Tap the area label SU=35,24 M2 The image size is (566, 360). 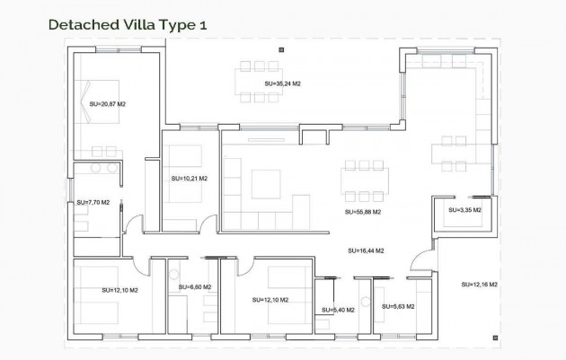coord(284,83)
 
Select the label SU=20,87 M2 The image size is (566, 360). coord(108,104)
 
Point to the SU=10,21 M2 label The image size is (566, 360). coord(189,179)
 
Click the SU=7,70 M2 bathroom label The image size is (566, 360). coord(93,203)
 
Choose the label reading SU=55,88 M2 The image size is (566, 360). coord(363,213)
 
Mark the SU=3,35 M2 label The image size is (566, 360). coord(464,209)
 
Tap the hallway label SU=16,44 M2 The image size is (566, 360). coord(366,250)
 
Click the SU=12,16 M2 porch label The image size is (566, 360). coord(479,284)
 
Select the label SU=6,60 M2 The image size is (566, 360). coord(194,287)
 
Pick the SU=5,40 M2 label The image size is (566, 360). coord(338,310)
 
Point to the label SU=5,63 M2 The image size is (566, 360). coord(398,306)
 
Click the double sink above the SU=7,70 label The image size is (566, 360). coord(93,168)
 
